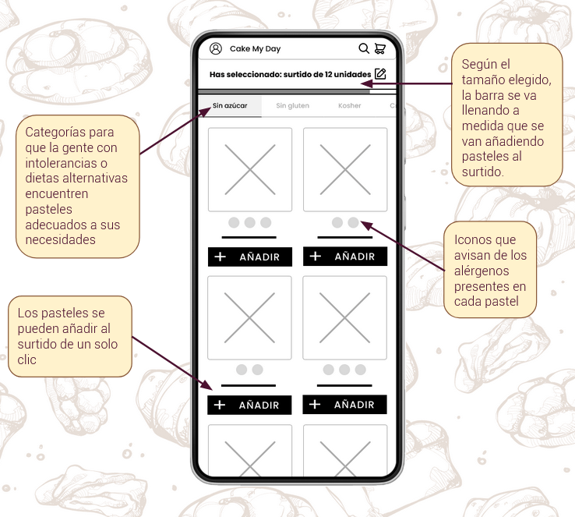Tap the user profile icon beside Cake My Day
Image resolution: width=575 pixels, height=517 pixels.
(216, 48)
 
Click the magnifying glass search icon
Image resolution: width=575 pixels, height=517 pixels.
(364, 48)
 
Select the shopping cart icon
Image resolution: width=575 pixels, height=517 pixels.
(380, 48)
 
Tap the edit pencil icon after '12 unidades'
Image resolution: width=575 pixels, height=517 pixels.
(380, 74)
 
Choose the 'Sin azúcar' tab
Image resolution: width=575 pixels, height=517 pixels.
(230, 106)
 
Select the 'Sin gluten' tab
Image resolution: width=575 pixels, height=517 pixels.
(293, 106)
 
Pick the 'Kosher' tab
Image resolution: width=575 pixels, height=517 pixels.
(350, 106)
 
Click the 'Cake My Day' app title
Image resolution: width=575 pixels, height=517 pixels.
(256, 49)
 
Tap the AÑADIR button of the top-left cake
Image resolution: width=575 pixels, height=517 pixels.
(250, 257)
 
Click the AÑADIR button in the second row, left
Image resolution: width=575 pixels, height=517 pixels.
(249, 405)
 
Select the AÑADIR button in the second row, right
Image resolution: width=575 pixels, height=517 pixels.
(344, 405)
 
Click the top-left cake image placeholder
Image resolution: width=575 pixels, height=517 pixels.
(250, 169)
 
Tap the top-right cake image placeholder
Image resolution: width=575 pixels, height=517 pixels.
(345, 169)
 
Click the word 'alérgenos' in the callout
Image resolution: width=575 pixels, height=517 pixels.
(482, 271)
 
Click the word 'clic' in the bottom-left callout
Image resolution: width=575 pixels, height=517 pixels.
(26, 359)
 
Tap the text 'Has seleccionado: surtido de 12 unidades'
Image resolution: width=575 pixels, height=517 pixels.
(291, 75)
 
